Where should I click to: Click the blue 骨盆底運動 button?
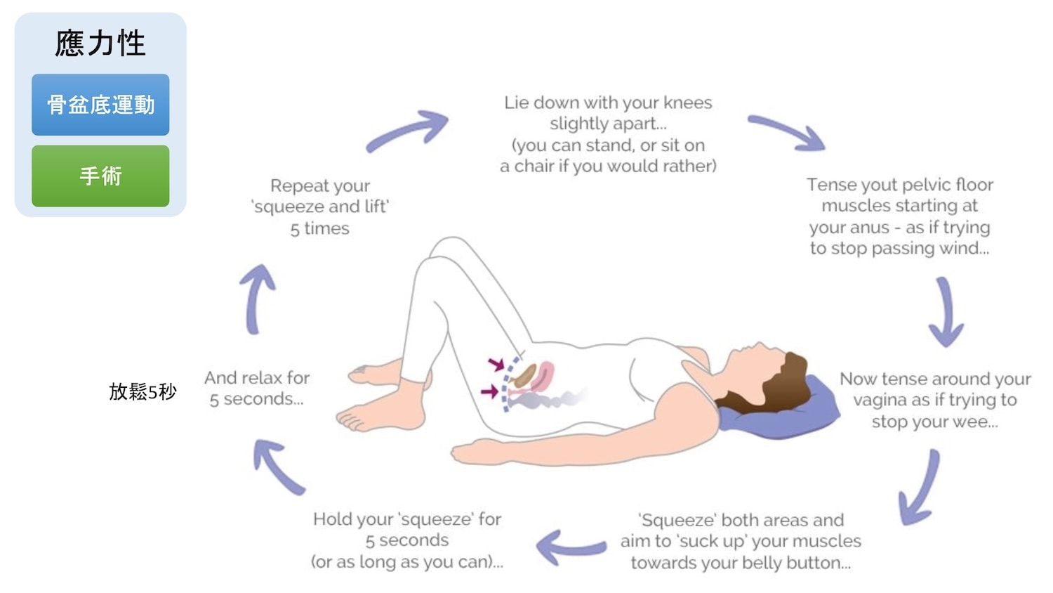100,105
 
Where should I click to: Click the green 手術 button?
100,176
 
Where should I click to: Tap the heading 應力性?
100,44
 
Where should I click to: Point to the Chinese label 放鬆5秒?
143,391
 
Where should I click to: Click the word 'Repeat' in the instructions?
294,186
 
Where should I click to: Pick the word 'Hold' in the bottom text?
333,519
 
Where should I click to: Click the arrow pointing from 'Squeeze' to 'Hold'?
570,547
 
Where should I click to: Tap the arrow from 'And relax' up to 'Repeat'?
257,298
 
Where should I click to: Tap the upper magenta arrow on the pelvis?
496,364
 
